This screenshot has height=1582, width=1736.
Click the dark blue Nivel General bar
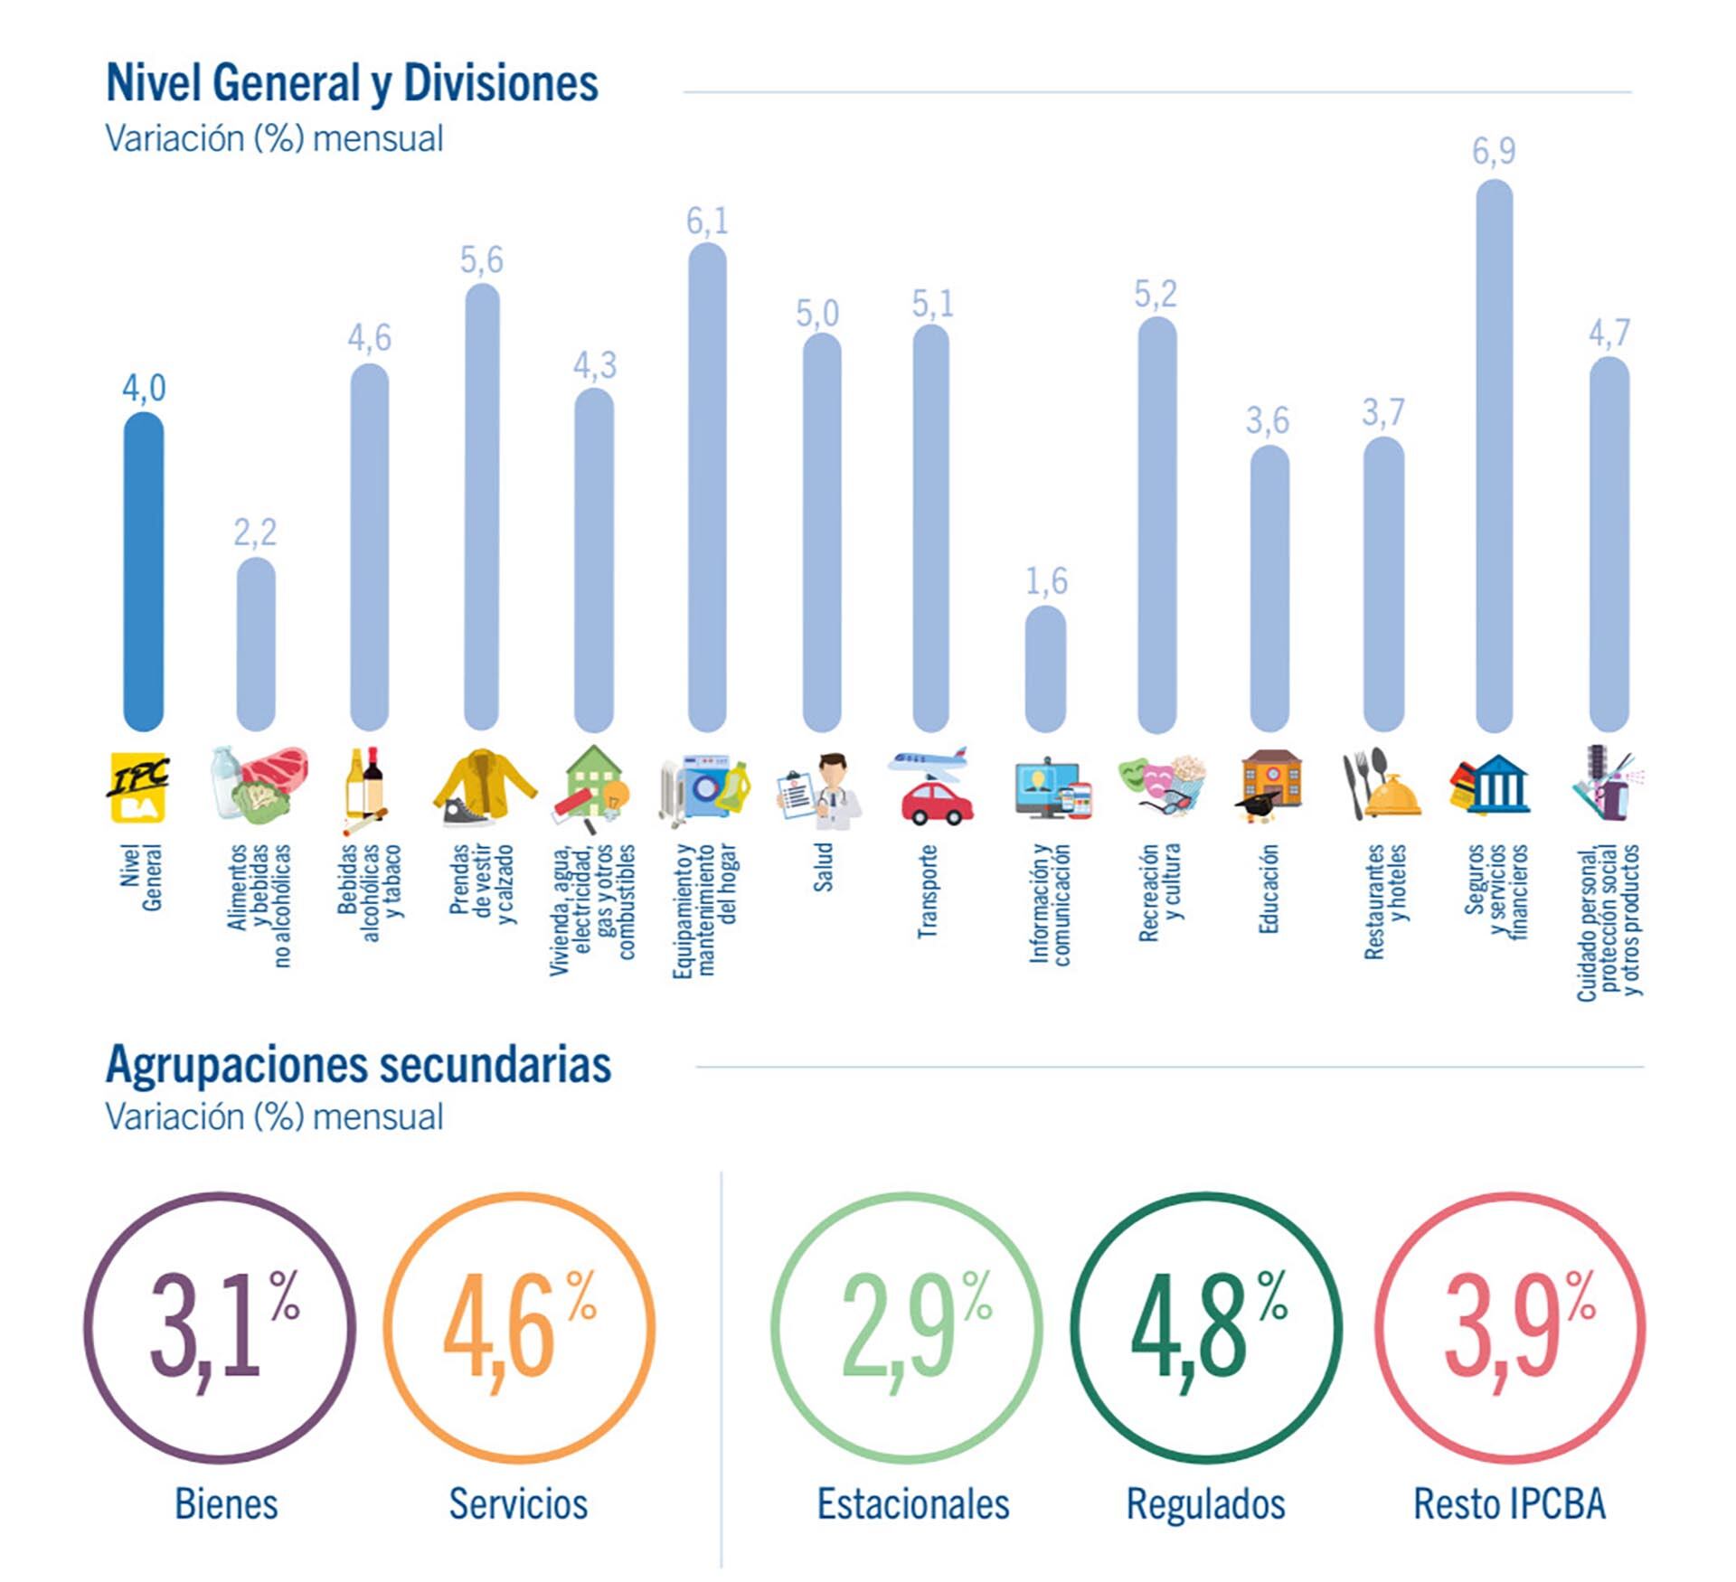pos(144,571)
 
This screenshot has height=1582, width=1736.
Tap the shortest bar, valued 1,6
pos(1045,668)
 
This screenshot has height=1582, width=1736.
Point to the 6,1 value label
pos(707,221)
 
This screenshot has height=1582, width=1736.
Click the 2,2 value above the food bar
pos(255,532)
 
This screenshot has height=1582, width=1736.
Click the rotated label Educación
pos(1269,889)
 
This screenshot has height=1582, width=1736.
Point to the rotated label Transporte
pos(928,891)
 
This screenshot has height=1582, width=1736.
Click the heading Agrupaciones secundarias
pos(358,1065)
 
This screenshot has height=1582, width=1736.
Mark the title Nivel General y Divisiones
pos(352,83)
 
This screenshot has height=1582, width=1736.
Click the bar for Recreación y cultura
pos(1156,524)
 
